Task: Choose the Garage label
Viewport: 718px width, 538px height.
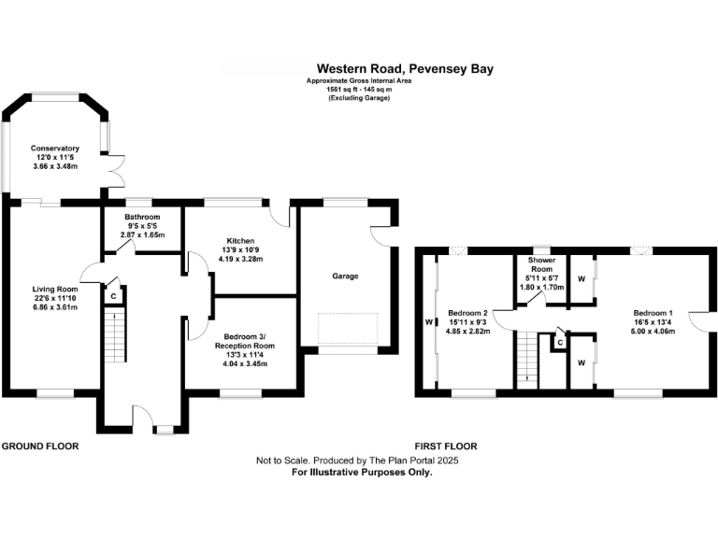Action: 345,276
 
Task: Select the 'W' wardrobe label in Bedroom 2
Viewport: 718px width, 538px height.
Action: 428,323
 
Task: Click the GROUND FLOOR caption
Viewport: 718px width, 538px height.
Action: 40,446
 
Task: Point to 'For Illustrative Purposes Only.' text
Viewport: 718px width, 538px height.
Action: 362,474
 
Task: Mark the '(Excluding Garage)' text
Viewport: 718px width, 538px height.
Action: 359,98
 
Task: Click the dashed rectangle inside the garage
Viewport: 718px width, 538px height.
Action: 348,329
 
